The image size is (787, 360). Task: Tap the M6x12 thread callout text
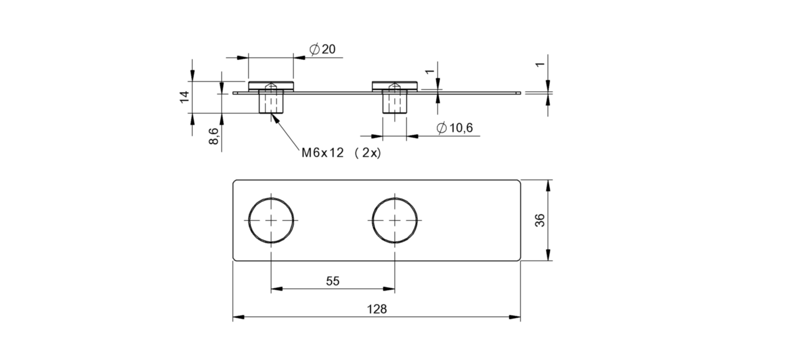[323, 153]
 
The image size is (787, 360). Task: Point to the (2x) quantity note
[367, 153]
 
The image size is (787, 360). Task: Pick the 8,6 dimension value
[213, 137]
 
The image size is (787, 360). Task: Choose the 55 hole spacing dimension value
[332, 281]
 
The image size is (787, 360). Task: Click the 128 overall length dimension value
[377, 309]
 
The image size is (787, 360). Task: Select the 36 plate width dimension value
[539, 220]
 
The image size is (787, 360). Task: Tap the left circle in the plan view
[271, 220]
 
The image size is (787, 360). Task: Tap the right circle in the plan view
[395, 220]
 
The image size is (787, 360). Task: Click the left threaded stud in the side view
[271, 103]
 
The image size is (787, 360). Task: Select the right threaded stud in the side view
[395, 103]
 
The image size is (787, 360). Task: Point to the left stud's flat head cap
[271, 85]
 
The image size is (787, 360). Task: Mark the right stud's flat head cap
[395, 85]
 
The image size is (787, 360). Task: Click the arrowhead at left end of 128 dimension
[237, 317]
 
